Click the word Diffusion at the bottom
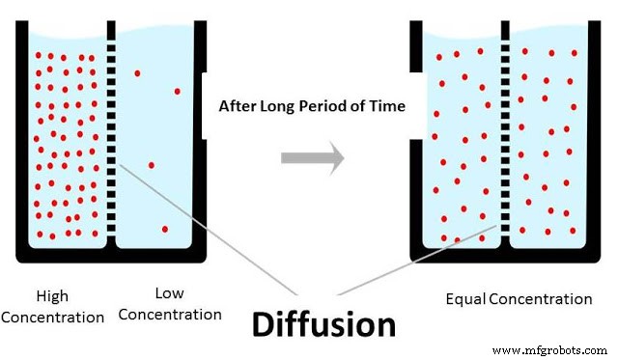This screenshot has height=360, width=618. pos(323,324)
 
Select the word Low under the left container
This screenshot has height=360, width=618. pos(169,293)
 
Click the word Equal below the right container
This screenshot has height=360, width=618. pos(465,299)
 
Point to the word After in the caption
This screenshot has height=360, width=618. pos(239,105)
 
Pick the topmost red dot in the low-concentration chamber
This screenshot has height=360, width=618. pos(138,72)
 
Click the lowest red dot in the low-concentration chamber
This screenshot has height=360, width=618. pos(165,229)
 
